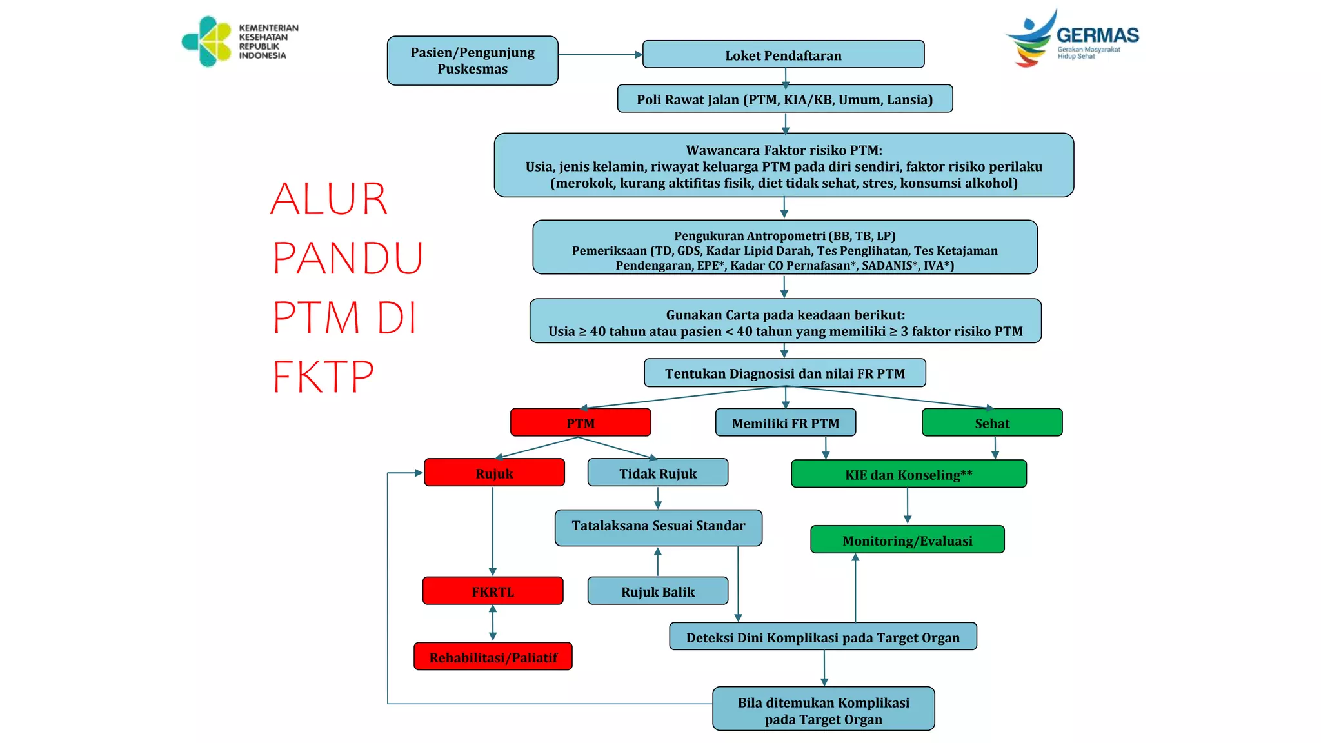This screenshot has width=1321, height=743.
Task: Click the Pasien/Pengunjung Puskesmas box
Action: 472,61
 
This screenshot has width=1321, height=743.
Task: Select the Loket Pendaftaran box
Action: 783,55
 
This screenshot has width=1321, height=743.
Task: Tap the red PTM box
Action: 581,422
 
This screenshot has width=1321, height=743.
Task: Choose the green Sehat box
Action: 992,422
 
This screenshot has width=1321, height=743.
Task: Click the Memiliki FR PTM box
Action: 785,422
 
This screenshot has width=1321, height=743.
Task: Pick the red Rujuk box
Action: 494,473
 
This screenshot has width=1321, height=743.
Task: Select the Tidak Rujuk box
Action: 657,473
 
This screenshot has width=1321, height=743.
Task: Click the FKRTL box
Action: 493,591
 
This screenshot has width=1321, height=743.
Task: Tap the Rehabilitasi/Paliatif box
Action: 493,657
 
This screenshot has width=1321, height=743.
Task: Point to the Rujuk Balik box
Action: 657,591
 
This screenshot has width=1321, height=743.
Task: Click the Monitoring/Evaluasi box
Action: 907,540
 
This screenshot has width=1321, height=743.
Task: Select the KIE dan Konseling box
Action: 908,474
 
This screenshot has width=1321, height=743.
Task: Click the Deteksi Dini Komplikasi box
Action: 822,637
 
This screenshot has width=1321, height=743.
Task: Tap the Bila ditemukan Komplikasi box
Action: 823,709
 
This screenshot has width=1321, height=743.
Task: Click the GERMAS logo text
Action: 1097,35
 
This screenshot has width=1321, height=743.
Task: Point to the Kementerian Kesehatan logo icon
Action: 207,42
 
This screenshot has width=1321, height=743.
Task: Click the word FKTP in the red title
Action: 323,377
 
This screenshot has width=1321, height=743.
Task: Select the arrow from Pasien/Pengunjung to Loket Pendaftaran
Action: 600,55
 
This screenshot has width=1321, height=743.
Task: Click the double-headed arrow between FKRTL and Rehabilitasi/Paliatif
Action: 493,622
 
